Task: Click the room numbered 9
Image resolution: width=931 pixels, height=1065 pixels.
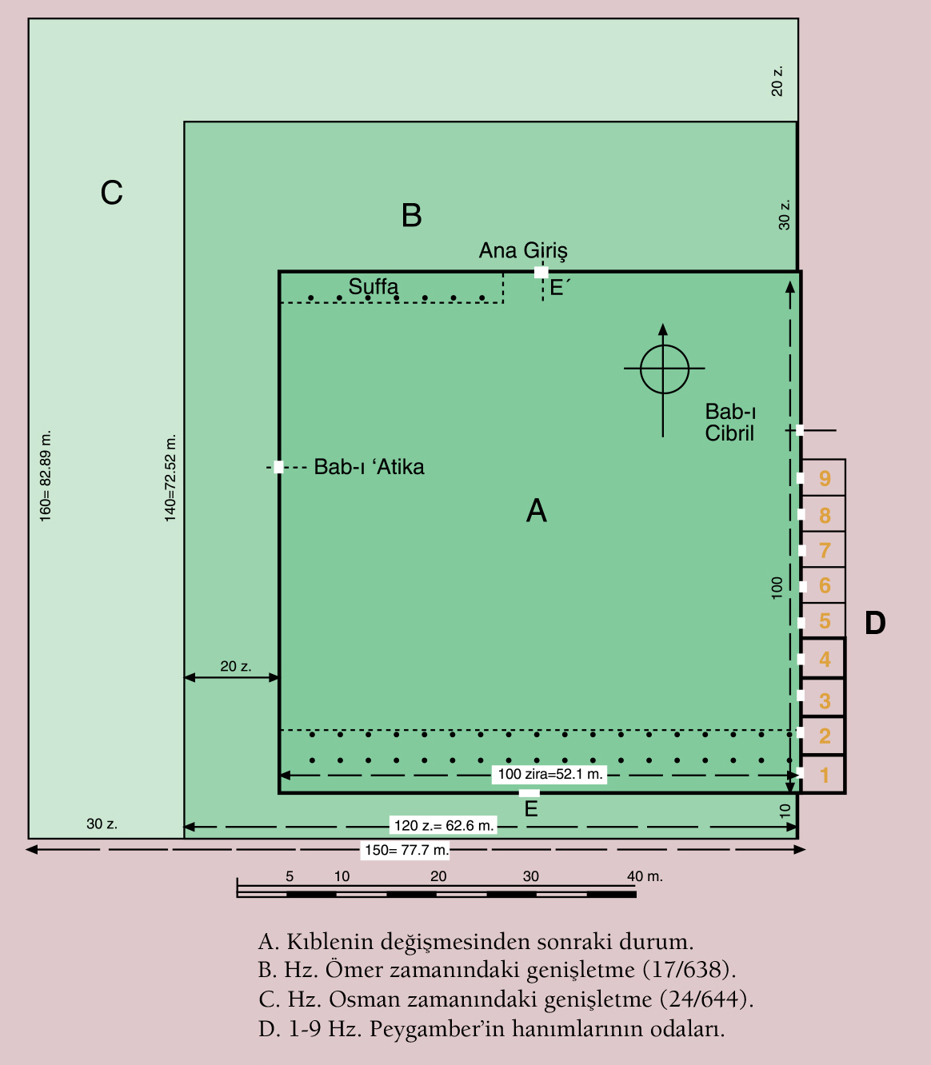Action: (823, 478)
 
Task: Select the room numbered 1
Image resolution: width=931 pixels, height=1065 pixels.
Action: (823, 774)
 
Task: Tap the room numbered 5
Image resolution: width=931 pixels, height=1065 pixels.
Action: (823, 620)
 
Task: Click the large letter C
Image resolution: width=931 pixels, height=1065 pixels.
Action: (111, 193)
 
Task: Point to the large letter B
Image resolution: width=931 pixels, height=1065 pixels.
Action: (411, 215)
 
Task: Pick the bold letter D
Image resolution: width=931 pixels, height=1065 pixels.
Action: (875, 623)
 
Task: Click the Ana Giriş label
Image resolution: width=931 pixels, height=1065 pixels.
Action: (523, 251)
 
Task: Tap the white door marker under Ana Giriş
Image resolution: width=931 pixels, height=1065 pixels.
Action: (541, 272)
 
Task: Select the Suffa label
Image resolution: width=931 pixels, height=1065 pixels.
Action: (373, 286)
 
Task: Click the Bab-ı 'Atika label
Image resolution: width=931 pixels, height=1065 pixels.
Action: (369, 467)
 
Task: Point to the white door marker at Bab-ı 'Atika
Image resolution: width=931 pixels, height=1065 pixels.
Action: (278, 467)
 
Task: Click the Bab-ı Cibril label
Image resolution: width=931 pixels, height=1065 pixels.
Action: (730, 423)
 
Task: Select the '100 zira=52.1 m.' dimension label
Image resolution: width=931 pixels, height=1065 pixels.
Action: (549, 774)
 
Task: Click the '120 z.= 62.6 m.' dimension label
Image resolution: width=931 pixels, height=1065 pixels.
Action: (444, 826)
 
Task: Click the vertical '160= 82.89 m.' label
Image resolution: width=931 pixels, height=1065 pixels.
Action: (46, 476)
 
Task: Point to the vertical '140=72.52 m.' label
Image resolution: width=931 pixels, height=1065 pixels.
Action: (170, 478)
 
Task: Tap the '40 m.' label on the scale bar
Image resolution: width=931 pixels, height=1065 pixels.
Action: (645, 876)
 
